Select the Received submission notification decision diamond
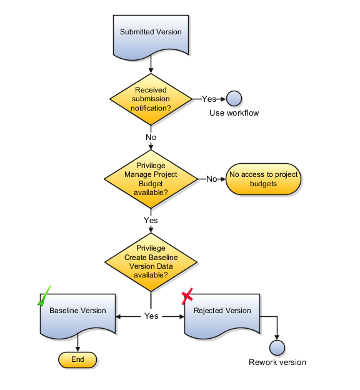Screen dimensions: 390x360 tap(151, 99)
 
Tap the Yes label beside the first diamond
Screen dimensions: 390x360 tap(209, 99)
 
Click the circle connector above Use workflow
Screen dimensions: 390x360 tap(234, 99)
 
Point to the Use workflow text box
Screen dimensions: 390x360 tap(234, 113)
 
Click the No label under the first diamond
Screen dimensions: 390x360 tap(151, 137)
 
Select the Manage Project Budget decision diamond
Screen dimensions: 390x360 tap(151, 179)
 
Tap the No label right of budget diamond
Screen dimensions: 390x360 tap(211, 179)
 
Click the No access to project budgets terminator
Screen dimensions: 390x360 tap(263, 179)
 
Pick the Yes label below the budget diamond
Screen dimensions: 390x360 tap(151, 221)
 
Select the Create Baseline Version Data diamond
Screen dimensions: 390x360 tap(151, 261)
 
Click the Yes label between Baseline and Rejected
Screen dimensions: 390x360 tap(151, 316)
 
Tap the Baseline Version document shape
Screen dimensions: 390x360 tap(78, 312)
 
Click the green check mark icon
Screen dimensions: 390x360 tap(44, 296)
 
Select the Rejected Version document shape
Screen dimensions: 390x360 tap(222, 312)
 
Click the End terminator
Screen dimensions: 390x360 tap(77, 360)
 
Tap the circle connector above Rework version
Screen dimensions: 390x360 tap(277, 348)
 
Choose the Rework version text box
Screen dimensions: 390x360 tap(277, 362)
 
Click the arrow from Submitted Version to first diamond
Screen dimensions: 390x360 tap(151, 64)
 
